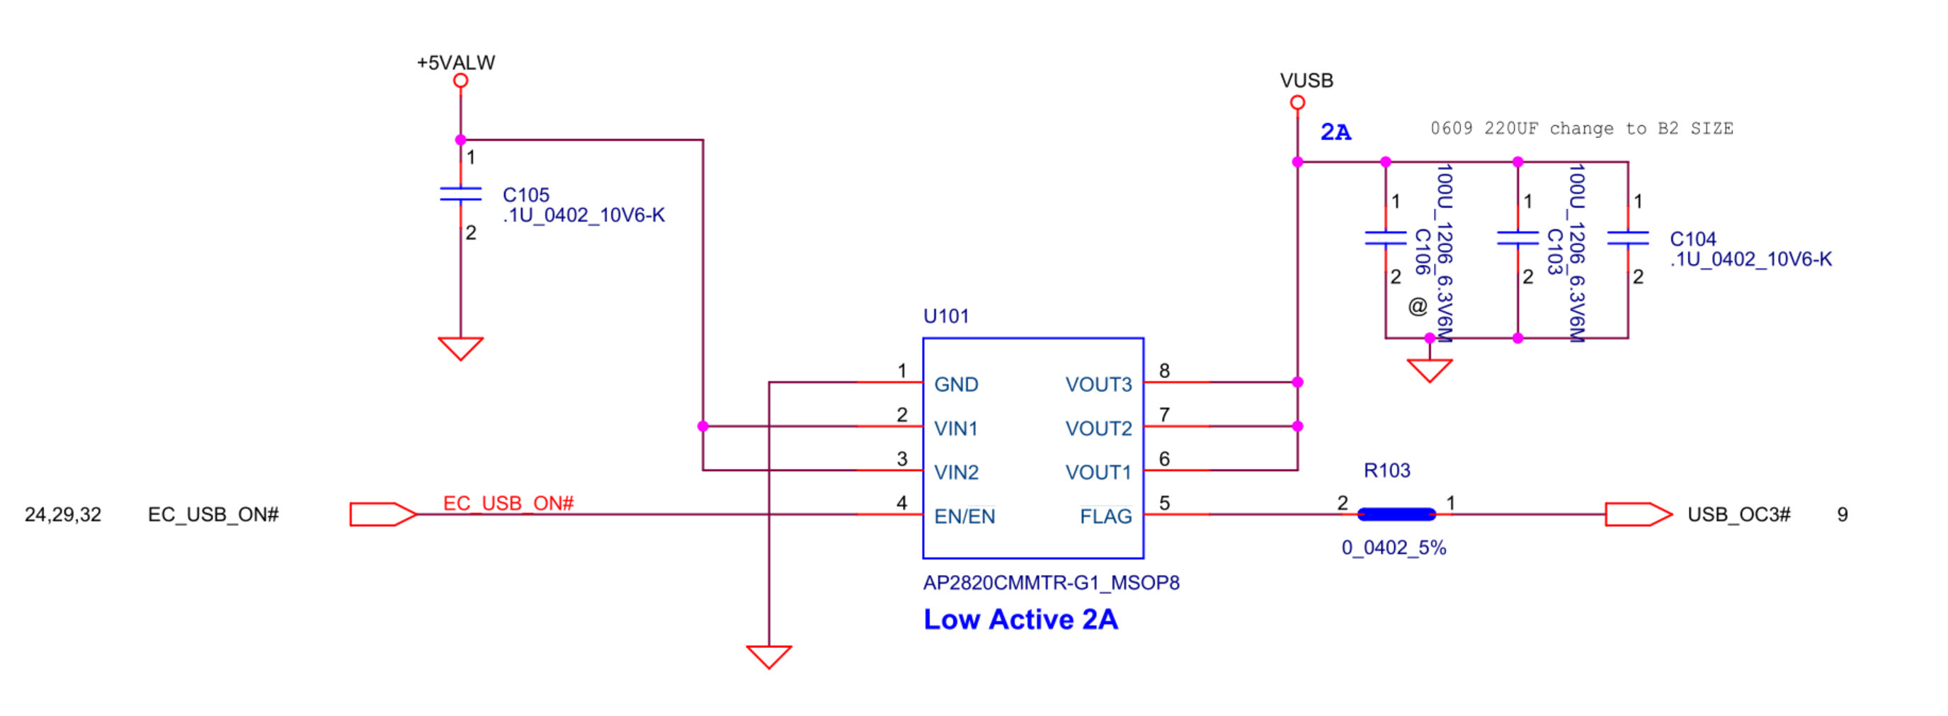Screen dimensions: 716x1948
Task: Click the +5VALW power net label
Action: point(455,63)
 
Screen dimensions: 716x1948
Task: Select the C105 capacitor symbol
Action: point(460,194)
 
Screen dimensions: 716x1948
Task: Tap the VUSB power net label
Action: point(1306,80)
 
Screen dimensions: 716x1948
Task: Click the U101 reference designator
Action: point(945,316)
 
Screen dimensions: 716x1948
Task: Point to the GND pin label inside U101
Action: point(956,384)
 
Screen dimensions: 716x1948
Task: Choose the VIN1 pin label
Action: point(956,428)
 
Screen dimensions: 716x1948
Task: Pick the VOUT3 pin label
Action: point(1098,384)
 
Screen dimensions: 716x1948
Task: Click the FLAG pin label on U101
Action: point(1105,516)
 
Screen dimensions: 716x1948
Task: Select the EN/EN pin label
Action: point(964,516)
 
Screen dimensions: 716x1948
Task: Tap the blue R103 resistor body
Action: point(1396,515)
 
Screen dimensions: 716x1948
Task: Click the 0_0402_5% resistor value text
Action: point(1393,547)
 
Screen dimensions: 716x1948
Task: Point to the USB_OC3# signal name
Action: point(1738,515)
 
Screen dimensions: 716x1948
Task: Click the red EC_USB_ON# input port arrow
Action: point(382,515)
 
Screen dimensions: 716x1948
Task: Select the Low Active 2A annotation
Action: point(1020,620)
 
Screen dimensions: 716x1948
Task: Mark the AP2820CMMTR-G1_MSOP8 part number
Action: point(1050,583)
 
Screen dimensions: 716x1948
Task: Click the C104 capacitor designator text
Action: point(1692,239)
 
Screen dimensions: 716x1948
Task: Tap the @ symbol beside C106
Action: point(1417,306)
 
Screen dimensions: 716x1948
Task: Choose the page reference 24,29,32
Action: point(63,515)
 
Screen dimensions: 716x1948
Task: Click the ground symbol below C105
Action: point(460,348)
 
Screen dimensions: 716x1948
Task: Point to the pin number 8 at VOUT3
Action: point(1164,370)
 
